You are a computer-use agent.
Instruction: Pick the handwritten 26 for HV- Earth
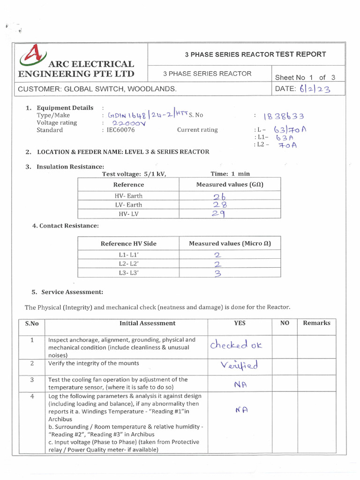220,196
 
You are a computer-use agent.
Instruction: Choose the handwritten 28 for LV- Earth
220,205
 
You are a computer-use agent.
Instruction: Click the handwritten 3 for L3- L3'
217,273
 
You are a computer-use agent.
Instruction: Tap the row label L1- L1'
128,255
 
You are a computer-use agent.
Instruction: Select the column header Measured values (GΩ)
230,185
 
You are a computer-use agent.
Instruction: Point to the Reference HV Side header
128,243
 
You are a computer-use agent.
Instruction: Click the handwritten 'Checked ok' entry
236,346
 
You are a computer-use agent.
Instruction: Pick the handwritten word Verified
240,365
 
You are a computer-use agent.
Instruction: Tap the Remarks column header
316,323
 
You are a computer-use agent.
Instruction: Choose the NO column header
285,323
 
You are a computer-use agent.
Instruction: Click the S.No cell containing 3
32,379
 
